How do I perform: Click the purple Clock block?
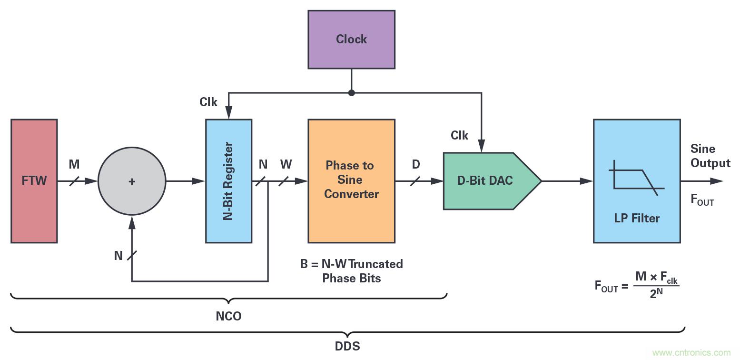point(351,39)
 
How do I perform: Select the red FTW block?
point(34,181)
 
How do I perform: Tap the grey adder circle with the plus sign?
point(132,181)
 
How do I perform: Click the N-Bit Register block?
point(228,181)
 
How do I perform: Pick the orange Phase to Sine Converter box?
point(351,180)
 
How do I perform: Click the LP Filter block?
point(636,181)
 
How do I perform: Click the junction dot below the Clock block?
point(352,93)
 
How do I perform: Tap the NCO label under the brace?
point(228,316)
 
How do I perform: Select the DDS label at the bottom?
point(347,346)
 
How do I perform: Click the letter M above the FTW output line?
point(74,165)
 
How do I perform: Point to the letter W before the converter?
point(286,165)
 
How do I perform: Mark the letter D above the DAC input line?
point(416,165)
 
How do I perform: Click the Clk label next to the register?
point(208,102)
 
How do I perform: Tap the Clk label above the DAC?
point(460,136)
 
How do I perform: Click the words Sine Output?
point(710,156)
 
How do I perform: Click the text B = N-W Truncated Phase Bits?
point(351,271)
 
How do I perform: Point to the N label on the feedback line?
point(118,256)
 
